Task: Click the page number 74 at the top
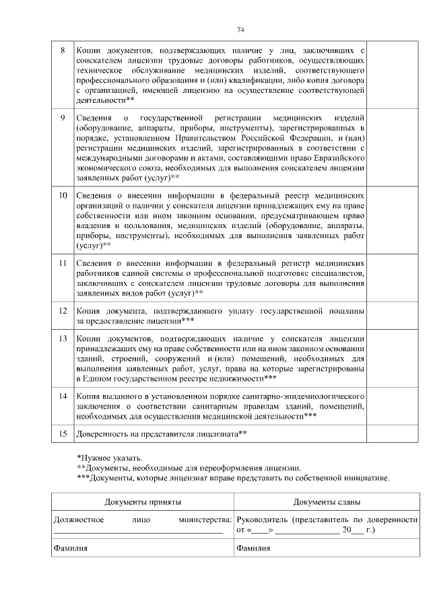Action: [240, 30]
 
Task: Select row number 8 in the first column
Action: [63, 50]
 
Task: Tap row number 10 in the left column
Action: [63, 196]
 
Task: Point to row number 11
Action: [63, 263]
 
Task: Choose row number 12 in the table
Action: [63, 312]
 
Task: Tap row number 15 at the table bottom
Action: [63, 434]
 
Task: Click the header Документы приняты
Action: [142, 503]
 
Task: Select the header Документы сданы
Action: [327, 503]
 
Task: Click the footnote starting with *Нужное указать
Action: [109, 458]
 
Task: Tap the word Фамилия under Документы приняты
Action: [69, 548]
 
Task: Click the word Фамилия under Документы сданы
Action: [253, 548]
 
